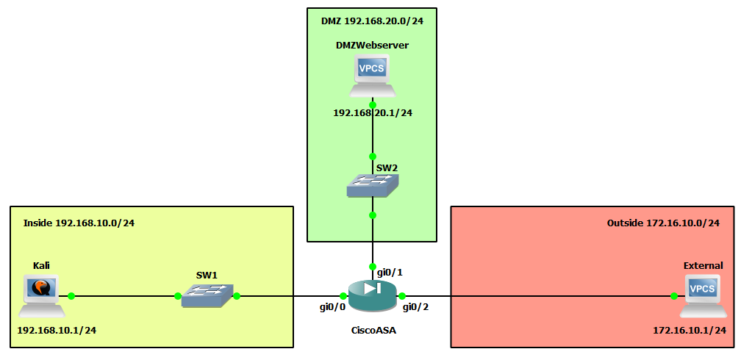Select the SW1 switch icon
point(207,296)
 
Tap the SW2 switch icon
point(373,185)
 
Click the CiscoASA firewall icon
point(372,295)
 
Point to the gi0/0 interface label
point(332,306)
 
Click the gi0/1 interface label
point(390,272)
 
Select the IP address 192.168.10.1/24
point(57,330)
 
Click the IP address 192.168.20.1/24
point(373,113)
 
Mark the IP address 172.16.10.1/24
point(690,331)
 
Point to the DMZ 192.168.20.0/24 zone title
point(373,21)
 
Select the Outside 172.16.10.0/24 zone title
point(663,223)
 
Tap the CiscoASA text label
point(373,331)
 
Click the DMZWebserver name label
point(373,46)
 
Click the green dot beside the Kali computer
point(71,296)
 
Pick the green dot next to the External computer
point(673,296)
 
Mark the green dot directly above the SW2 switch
point(373,156)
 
